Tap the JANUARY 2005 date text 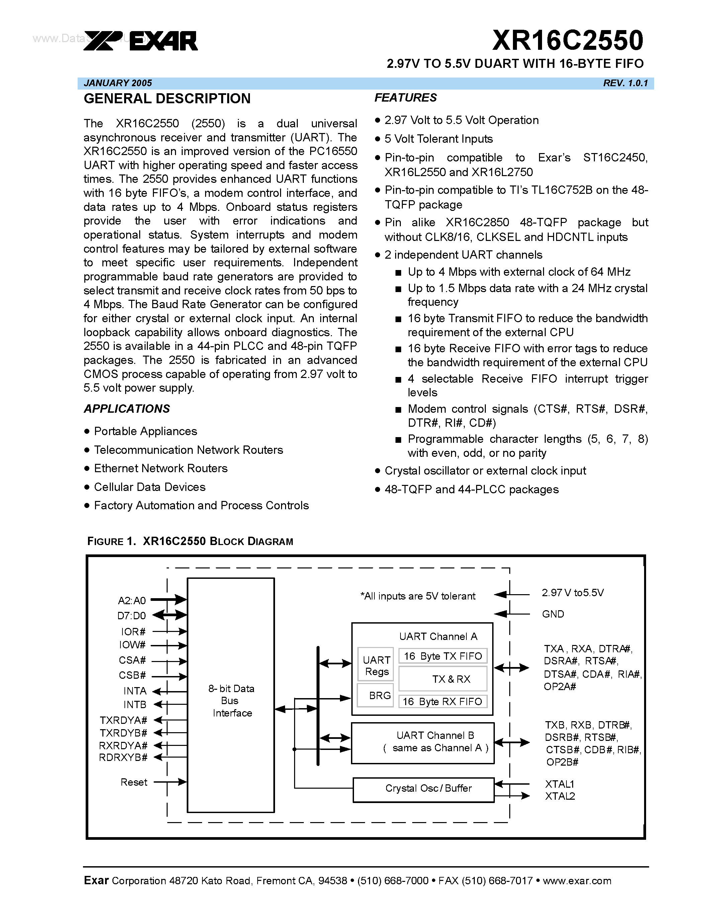[x=118, y=83]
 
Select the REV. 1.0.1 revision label [x=625, y=83]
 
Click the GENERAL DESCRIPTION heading [x=167, y=99]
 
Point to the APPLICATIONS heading [x=127, y=409]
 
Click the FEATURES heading [x=406, y=98]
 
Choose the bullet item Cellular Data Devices [x=150, y=487]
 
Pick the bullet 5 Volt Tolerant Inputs [x=438, y=139]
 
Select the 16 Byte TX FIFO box [x=443, y=656]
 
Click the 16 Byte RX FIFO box [x=442, y=701]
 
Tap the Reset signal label [x=134, y=782]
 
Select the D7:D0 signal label [x=131, y=616]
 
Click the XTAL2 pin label [x=560, y=796]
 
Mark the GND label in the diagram [x=553, y=614]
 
